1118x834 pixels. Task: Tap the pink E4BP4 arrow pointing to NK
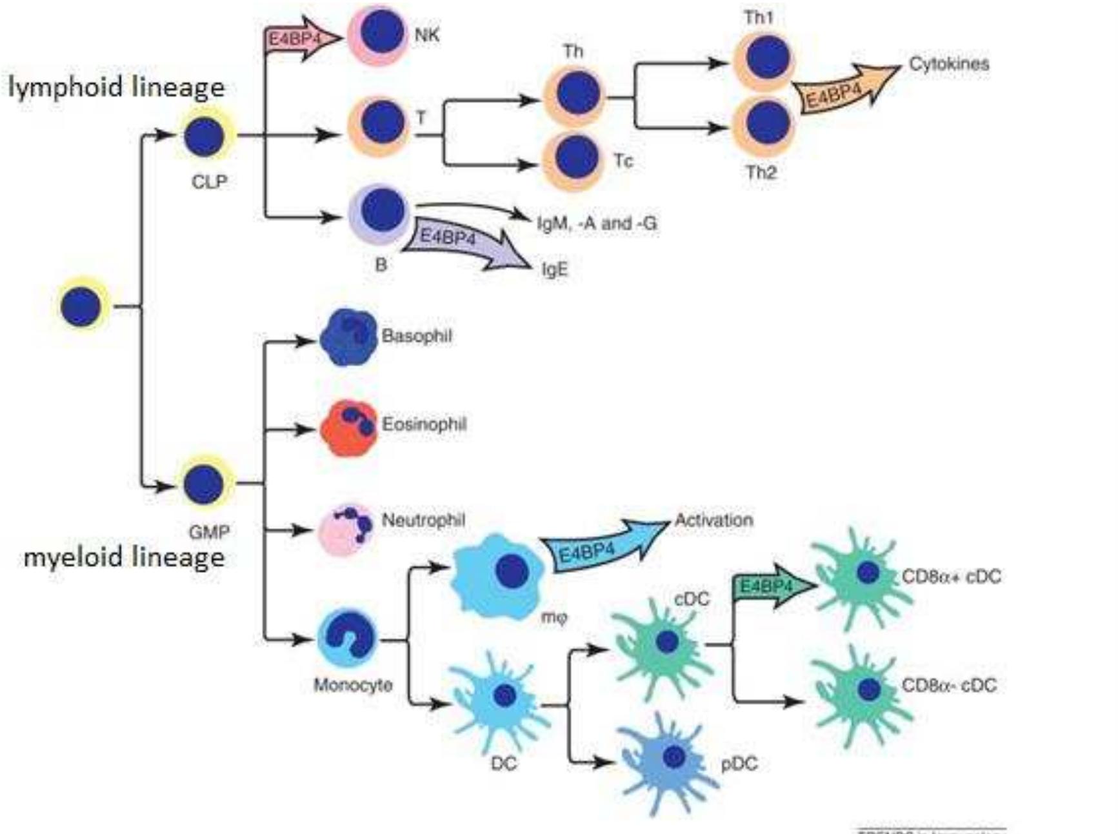[301, 39]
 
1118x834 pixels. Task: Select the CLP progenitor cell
[205, 136]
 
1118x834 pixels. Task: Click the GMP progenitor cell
[204, 484]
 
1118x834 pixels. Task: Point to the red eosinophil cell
[349, 428]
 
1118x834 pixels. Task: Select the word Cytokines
[948, 64]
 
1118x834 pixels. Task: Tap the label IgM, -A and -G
[597, 223]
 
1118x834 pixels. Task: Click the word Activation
[714, 520]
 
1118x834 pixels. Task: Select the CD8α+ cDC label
[951, 576]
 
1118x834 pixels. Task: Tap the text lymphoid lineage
[117, 87]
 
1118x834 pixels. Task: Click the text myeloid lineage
[124, 557]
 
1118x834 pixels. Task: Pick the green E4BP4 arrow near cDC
[772, 586]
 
